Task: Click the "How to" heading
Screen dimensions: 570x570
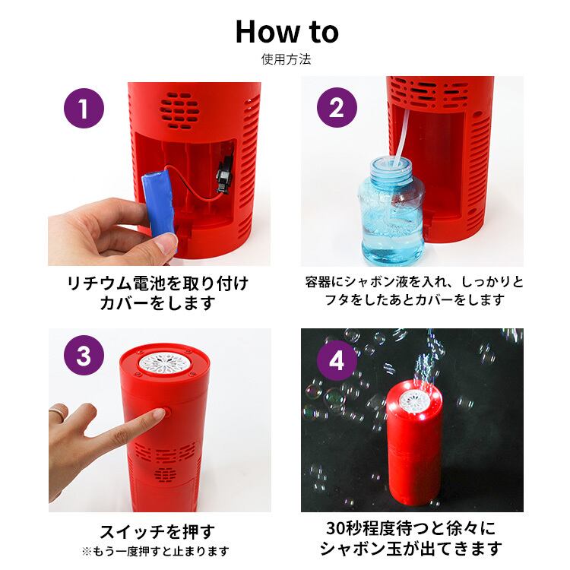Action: [x=287, y=32]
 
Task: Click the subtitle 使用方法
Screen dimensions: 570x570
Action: [x=286, y=59]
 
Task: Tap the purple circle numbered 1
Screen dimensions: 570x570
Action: [x=84, y=108]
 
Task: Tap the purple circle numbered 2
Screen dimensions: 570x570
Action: [x=337, y=108]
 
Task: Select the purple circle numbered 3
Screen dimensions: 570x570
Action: [x=84, y=355]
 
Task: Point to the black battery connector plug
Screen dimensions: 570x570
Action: [x=224, y=174]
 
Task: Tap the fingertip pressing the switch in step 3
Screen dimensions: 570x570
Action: [x=160, y=413]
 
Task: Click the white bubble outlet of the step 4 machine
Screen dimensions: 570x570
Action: [x=414, y=402]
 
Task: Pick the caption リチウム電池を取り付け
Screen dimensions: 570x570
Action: [x=158, y=283]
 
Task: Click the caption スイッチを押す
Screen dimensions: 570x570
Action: [x=158, y=532]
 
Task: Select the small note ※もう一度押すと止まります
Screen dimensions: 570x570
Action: [x=156, y=552]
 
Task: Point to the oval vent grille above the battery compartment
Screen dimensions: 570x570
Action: [x=179, y=110]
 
